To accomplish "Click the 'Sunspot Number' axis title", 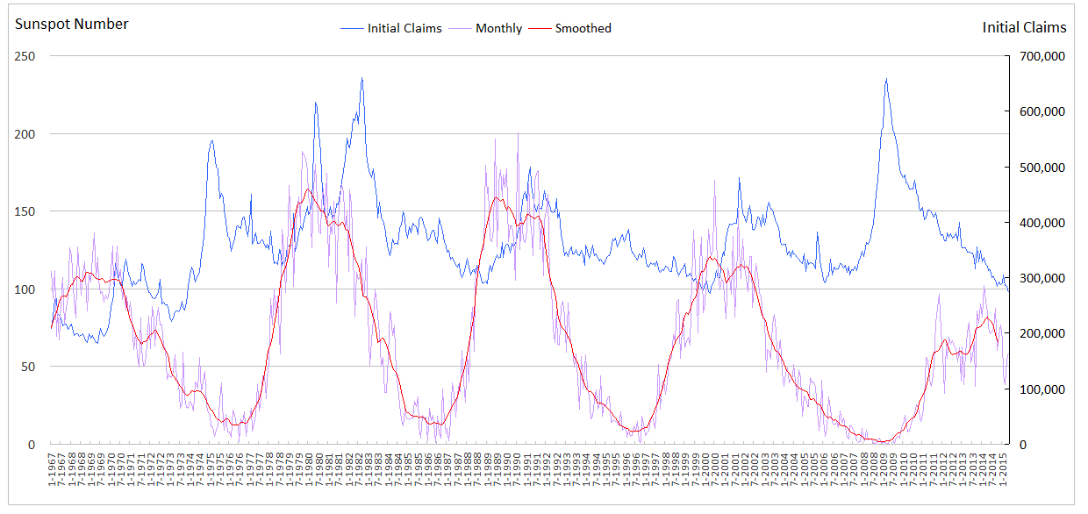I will click(72, 25).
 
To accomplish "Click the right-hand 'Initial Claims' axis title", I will click(1024, 28).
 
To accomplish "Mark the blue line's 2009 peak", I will click(886, 79).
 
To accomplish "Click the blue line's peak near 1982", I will click(361, 78).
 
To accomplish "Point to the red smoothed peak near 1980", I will click(308, 189).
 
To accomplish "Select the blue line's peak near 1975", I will click(211, 140).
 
